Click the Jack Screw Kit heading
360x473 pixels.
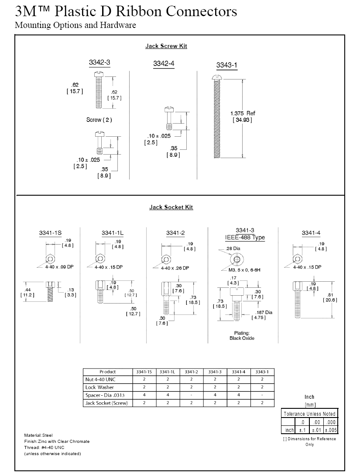pyautogui.click(x=166, y=46)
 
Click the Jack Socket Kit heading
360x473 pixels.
pyautogui.click(x=171, y=207)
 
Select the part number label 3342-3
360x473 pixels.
pyautogui.click(x=99, y=62)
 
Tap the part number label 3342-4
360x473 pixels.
pyautogui.click(x=164, y=64)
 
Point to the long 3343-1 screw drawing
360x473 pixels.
pyautogui.click(x=216, y=116)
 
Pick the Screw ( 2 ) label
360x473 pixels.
pyautogui.click(x=99, y=120)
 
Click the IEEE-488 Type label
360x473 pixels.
pyautogui.click(x=245, y=238)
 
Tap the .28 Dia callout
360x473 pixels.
pyautogui.click(x=233, y=249)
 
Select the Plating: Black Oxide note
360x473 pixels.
pyautogui.click(x=242, y=336)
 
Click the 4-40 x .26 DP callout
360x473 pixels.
pyautogui.click(x=175, y=268)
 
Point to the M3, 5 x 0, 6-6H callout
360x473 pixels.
pyautogui.click(x=244, y=270)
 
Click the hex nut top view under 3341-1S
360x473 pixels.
pyautogui.click(x=50, y=259)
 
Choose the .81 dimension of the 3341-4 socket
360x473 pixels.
pyautogui.click(x=330, y=297)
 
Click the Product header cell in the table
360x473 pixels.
pyautogui.click(x=108, y=372)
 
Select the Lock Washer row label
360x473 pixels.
pyautogui.click(x=99, y=387)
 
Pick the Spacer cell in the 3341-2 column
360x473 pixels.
pyautogui.click(x=192, y=395)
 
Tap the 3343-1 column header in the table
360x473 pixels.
pyautogui.click(x=262, y=372)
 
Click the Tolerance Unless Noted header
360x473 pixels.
pyautogui.click(x=310, y=414)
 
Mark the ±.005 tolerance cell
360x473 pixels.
pyautogui.click(x=331, y=430)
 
